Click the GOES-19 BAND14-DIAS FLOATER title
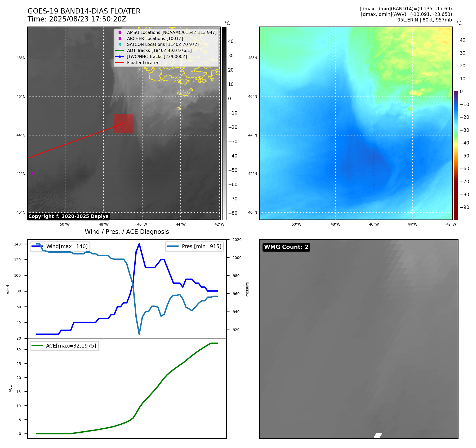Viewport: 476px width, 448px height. coord(84,11)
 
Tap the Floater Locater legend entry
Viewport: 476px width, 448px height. coord(143,63)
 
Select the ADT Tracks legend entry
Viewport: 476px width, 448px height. coord(159,51)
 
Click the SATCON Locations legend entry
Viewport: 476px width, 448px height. coord(163,45)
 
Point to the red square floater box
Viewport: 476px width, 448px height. coord(124,124)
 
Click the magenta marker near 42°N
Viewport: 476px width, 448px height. coord(33,173)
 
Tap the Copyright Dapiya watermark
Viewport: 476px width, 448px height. coord(68,216)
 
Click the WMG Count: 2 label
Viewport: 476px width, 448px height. coord(286,247)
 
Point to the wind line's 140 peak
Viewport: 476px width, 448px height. coord(139,244)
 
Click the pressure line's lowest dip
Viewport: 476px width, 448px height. coord(139,334)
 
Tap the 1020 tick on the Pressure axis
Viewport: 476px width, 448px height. coord(237,240)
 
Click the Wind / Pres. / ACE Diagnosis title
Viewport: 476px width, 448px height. coord(127,232)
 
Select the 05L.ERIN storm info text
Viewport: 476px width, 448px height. coord(424,20)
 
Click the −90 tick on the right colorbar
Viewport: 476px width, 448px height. coord(464,207)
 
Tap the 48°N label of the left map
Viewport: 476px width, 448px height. coord(21,58)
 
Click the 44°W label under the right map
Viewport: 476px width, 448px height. coord(412,224)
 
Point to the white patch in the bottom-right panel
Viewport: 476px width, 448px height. coord(378,435)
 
